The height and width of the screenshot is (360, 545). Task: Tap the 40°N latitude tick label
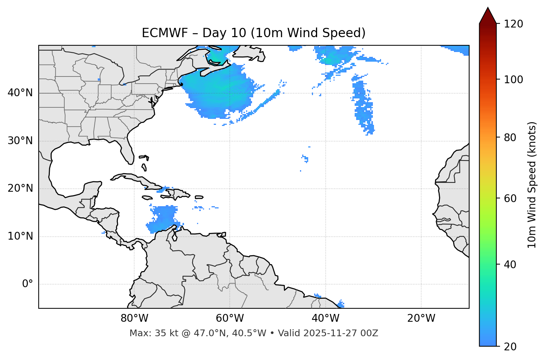[20, 93]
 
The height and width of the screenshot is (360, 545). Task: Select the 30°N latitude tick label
[20, 141]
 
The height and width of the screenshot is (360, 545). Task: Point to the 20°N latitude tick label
[20, 188]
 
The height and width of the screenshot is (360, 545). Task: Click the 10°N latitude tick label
[20, 236]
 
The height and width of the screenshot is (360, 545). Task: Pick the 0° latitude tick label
[28, 284]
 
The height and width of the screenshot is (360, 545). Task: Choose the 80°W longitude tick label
[134, 318]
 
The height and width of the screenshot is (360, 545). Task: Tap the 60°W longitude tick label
[230, 318]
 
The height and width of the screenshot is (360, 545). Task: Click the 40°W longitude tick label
[326, 318]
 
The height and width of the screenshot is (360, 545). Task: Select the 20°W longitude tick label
[421, 318]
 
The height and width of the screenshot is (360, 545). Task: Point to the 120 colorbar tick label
[513, 24]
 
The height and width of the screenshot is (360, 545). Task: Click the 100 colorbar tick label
[513, 80]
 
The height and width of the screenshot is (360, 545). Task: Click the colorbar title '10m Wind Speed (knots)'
[532, 185]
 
